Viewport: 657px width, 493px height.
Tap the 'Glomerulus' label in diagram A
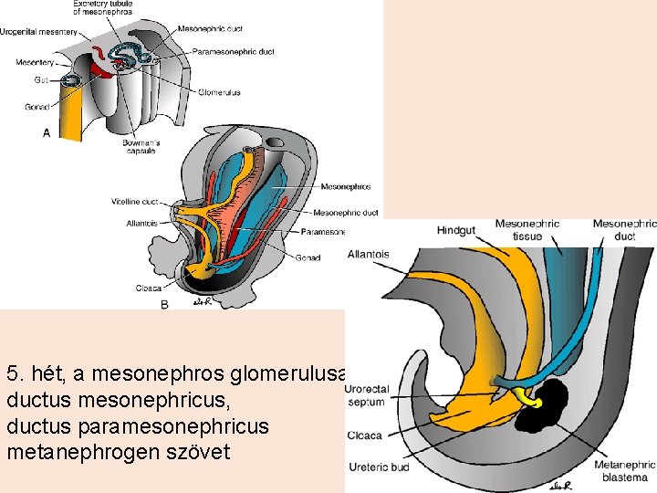click(x=221, y=92)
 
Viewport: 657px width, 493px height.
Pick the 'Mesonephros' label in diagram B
click(x=345, y=187)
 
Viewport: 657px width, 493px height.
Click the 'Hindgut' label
click(x=455, y=230)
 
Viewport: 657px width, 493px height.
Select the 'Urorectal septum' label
click(x=367, y=395)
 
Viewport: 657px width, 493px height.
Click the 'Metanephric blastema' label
click(x=626, y=470)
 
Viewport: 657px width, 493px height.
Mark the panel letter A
click(x=47, y=132)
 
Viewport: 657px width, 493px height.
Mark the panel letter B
click(x=164, y=305)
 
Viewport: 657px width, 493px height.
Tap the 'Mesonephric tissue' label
click(x=527, y=230)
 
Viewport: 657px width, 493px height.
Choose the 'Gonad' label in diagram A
click(x=36, y=107)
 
